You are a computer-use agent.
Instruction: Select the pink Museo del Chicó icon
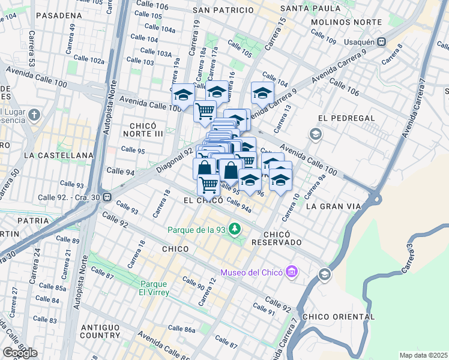292,272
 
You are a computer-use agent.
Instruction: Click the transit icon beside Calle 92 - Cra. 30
107,197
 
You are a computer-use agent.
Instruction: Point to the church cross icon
35,114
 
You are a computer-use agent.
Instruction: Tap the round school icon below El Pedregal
315,133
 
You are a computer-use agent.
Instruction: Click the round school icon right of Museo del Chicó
325,275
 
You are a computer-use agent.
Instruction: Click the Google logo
20,352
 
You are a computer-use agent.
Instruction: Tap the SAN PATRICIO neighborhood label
223,10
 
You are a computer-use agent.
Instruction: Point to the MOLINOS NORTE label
346,22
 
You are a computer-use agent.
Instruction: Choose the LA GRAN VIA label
333,206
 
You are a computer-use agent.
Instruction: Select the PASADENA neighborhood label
59,15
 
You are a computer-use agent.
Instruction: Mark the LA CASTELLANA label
59,155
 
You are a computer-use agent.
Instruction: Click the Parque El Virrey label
155,288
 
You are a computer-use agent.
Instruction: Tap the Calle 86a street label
181,329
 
